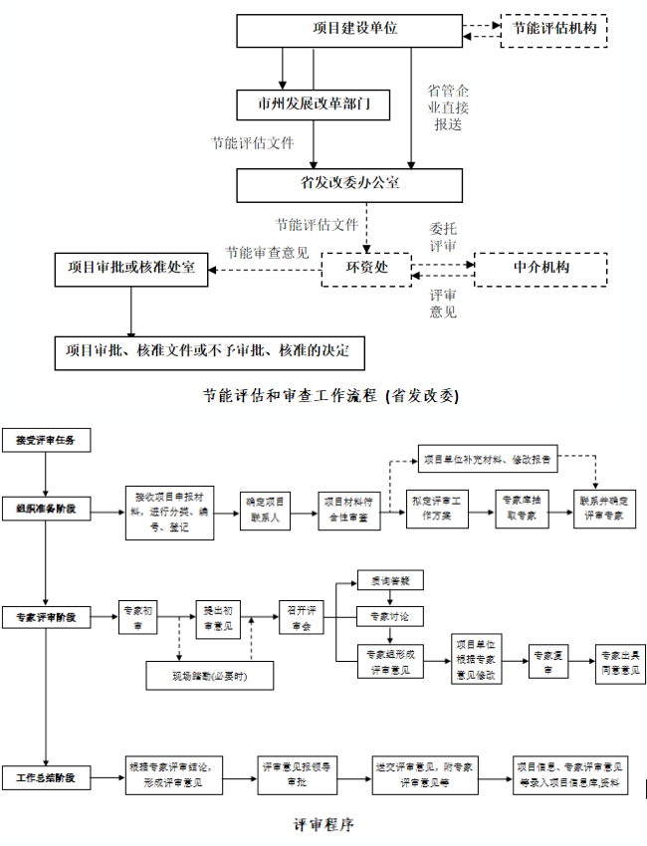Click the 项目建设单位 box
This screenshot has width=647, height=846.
pyautogui.click(x=349, y=30)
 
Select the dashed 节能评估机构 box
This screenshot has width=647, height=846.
pyautogui.click(x=553, y=30)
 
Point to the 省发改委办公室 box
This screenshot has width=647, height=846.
pyautogui.click(x=349, y=184)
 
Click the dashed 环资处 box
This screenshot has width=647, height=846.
pyautogui.click(x=365, y=268)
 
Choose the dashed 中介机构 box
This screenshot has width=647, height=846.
pyautogui.click(x=540, y=268)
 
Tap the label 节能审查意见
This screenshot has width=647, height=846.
pyautogui.click(x=266, y=252)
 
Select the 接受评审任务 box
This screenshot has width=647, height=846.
pyautogui.click(x=46, y=439)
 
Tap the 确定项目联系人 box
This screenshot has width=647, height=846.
pyautogui.click(x=266, y=509)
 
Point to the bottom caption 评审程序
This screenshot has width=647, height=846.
pyautogui.click(x=323, y=825)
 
